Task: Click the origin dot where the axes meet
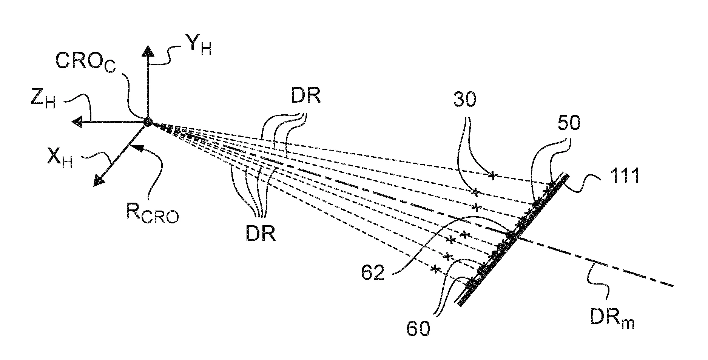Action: [147, 122]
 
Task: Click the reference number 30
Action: [464, 100]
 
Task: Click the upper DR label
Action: [305, 97]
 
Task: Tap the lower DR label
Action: [261, 234]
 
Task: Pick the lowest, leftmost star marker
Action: [436, 269]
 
